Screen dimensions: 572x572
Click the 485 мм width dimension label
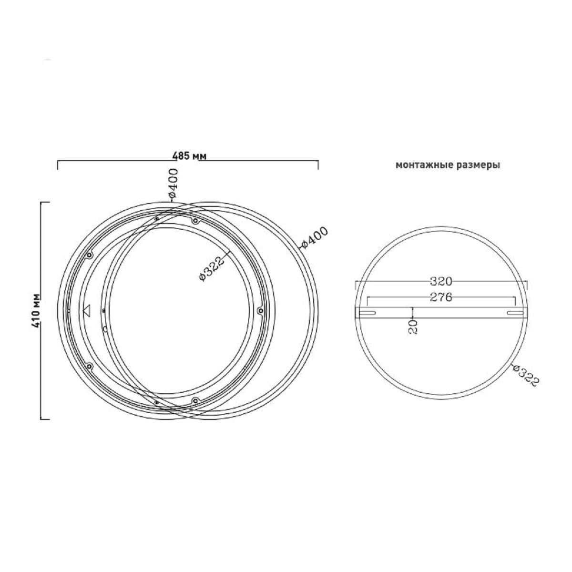(x=189, y=156)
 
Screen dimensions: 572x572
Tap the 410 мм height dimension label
(x=37, y=311)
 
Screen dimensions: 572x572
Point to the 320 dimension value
(x=441, y=281)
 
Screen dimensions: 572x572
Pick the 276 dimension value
(x=441, y=297)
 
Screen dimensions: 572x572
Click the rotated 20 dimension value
(x=413, y=327)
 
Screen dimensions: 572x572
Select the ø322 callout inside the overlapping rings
(x=211, y=269)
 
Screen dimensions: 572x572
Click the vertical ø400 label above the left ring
(x=173, y=183)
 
